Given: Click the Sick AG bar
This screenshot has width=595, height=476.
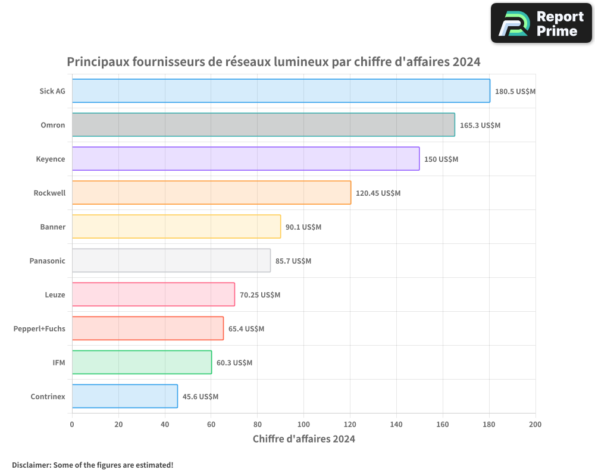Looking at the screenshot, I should [x=281, y=91].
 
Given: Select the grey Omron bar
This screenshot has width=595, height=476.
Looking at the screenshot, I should [x=263, y=125].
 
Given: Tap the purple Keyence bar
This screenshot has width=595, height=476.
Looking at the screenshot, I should [x=245, y=159].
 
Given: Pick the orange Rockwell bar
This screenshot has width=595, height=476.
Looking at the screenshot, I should [x=211, y=193].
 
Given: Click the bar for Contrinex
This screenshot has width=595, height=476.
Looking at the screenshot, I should [x=124, y=396].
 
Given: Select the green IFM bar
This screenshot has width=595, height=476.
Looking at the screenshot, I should [x=142, y=362].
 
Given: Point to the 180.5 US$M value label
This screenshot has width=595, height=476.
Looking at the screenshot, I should [x=515, y=92].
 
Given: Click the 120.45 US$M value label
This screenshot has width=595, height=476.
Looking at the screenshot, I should [x=378, y=193].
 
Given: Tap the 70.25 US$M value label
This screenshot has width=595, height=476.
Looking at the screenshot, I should [x=260, y=295].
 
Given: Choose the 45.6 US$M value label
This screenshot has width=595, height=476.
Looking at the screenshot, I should [x=200, y=397].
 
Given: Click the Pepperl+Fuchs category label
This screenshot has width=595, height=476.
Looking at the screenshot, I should [x=39, y=328].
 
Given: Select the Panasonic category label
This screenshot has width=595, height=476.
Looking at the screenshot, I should [x=47, y=261].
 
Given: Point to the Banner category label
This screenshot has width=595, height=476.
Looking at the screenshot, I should [x=52, y=227].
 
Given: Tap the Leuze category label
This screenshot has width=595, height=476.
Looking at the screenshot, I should [x=55, y=295].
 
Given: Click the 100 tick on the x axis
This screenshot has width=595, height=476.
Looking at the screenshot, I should [x=303, y=424].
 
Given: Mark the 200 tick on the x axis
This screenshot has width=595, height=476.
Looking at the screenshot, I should [x=535, y=424].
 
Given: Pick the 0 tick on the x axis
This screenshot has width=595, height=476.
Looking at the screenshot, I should [x=72, y=424].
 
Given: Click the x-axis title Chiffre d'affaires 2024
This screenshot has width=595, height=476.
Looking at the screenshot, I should [x=303, y=439].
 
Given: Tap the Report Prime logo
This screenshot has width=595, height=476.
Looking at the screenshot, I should [x=541, y=23].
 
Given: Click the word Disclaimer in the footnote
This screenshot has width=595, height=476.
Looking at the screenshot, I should [x=31, y=465].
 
